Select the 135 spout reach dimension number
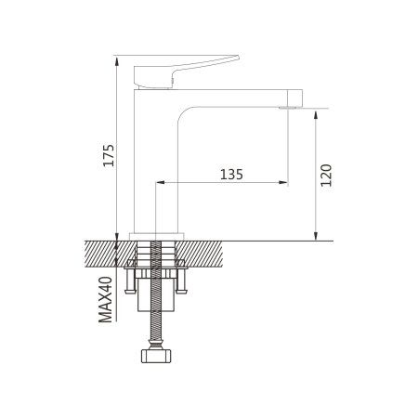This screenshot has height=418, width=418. pos(232,174)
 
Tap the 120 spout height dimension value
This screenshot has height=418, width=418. pos(326,176)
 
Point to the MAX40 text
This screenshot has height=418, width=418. pos(106,299)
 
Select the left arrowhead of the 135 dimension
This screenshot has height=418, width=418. pos(159,183)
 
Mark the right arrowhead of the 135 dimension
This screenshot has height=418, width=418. pos(284,183)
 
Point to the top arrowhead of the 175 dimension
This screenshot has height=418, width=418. pos(117,58)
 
